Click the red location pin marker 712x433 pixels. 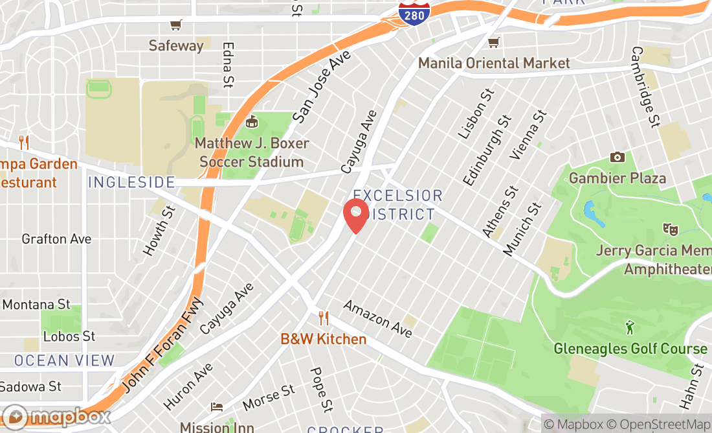pos(355,216)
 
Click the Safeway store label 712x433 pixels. pos(176,45)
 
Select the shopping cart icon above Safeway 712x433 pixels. pos(175,25)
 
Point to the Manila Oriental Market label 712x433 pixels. pos(494,63)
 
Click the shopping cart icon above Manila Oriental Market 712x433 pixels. pos(494,43)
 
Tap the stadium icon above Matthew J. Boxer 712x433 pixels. pos(252,121)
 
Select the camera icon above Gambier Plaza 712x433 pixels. pos(617,157)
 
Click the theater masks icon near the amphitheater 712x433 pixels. pos(670,229)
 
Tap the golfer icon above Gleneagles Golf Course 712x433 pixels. pos(630,328)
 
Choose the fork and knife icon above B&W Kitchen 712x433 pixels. pos(324,318)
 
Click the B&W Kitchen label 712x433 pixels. pos(324,339)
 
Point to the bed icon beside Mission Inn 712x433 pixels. pos(217,407)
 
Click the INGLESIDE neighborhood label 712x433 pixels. pos(131,182)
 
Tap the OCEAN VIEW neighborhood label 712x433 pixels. pos(64,360)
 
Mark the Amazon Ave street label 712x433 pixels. pos(377,319)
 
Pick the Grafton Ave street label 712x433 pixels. pos(56,239)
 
